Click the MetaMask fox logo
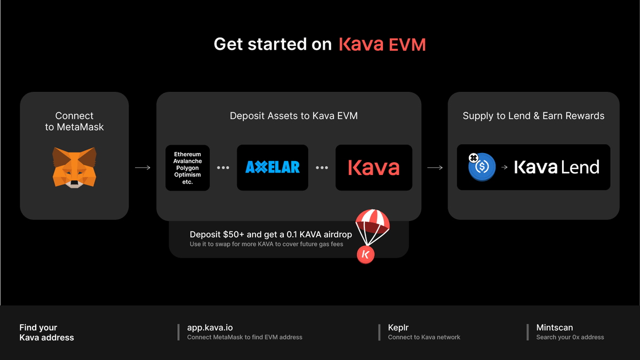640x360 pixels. click(75, 167)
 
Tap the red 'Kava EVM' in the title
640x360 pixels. click(382, 44)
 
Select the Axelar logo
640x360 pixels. click(273, 167)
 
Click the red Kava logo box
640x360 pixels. click(373, 167)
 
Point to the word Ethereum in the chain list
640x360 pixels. click(187, 155)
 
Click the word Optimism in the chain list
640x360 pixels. click(187, 175)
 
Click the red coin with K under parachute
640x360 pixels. click(366, 254)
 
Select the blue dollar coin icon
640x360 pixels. click(482, 167)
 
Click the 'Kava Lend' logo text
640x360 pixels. click(556, 167)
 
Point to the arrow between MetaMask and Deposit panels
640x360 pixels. click(142, 167)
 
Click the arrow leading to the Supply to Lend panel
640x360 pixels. click(435, 167)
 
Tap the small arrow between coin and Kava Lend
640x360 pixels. click(505, 167)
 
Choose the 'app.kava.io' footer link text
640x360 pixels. click(210, 327)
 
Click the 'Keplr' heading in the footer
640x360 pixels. click(398, 327)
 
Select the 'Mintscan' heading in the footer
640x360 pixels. click(555, 327)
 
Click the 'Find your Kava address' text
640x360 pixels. click(46, 332)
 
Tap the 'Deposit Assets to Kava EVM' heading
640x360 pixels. click(294, 116)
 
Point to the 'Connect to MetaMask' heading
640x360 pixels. click(75, 121)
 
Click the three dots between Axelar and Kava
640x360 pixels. click(322, 167)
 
